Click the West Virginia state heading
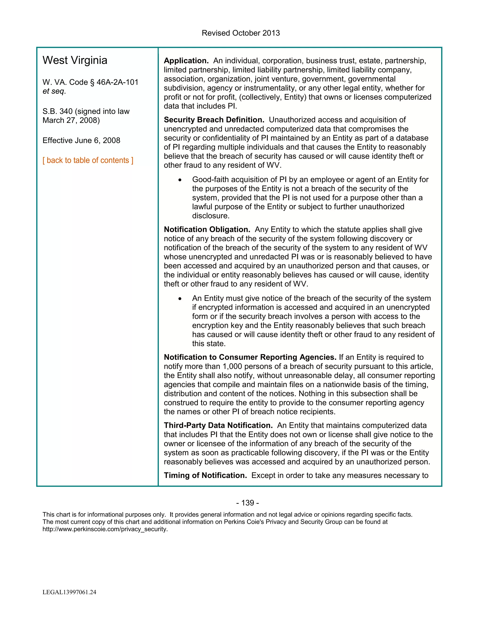click(x=75, y=60)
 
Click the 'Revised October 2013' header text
click(x=241, y=33)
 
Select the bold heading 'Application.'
click(x=186, y=61)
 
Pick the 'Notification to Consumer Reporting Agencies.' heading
click(x=250, y=357)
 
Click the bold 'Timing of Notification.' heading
click(x=205, y=475)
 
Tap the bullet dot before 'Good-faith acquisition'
click(x=180, y=180)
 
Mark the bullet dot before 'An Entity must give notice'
click(x=180, y=299)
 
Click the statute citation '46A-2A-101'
click(x=117, y=82)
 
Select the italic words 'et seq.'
click(x=54, y=91)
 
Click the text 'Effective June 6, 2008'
click(x=81, y=140)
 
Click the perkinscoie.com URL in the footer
click(x=105, y=529)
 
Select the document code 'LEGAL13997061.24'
click(x=69, y=592)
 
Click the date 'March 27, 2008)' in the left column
click(x=71, y=120)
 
